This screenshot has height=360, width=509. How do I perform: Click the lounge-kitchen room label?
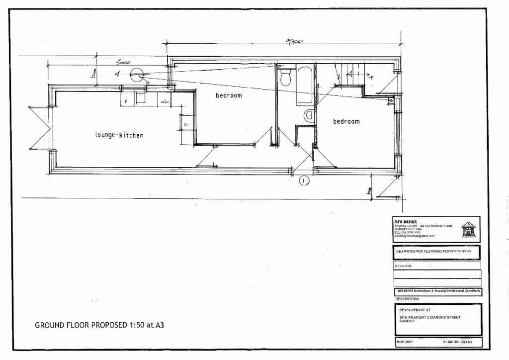(119, 135)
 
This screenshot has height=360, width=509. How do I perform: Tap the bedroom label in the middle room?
(229, 95)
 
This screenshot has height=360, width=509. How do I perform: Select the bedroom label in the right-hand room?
(346, 121)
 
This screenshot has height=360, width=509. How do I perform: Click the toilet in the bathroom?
(286, 78)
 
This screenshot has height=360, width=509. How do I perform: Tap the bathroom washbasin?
(308, 115)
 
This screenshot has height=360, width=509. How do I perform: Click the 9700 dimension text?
(293, 43)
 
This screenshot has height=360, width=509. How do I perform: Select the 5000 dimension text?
(123, 64)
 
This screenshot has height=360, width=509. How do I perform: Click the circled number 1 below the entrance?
(304, 181)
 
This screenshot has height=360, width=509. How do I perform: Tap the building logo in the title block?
(468, 229)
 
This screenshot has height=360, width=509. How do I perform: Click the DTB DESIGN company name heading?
(405, 222)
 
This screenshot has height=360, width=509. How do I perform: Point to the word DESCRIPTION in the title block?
(407, 299)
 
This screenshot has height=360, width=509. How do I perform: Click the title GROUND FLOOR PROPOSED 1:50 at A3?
(99, 326)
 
